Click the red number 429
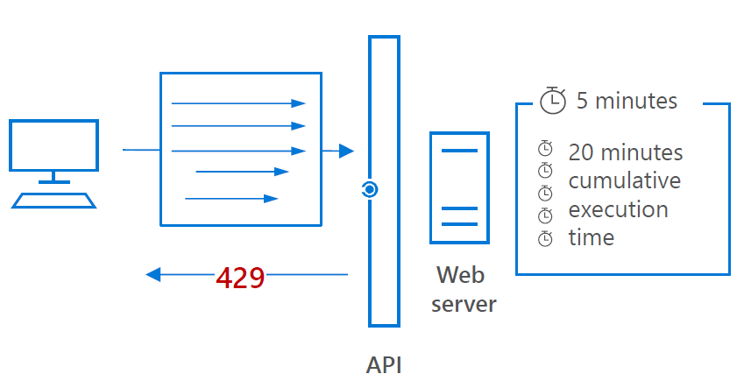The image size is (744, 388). [x=240, y=277]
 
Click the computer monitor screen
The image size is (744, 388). [x=53, y=145]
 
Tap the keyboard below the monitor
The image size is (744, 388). [x=53, y=199]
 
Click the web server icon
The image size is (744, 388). [x=459, y=187]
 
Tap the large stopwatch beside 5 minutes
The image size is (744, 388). [x=553, y=100]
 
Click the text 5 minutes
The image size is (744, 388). [x=627, y=101]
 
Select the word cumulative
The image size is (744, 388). [x=624, y=181]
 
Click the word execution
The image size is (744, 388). [x=618, y=210]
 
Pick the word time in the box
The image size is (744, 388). [x=592, y=238]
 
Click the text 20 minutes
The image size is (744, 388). [x=626, y=152]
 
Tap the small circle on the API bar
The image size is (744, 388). [x=370, y=189]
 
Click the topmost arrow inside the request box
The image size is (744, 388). [x=238, y=103]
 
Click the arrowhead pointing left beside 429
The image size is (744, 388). [x=153, y=275]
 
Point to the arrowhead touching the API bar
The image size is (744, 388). [x=346, y=151]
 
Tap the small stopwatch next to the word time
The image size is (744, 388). [x=545, y=237]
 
